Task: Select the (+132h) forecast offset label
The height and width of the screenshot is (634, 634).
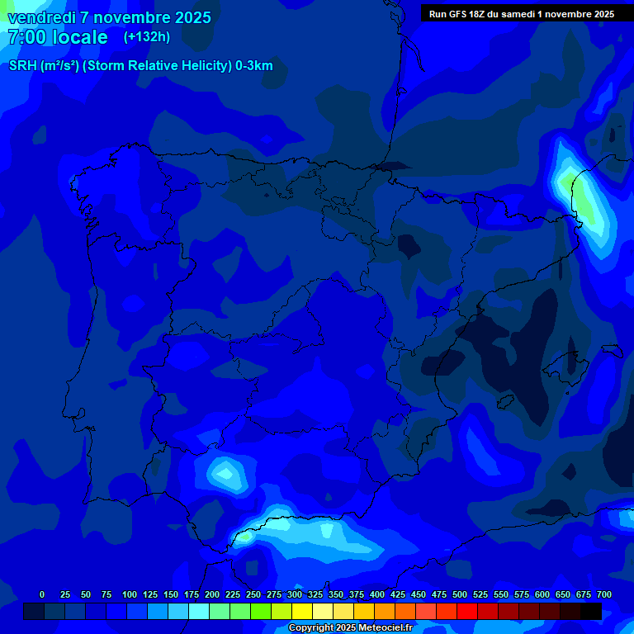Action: coord(146,37)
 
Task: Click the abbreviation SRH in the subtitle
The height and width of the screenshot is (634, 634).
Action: coord(22,66)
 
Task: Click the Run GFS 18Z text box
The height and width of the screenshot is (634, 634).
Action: coord(521,14)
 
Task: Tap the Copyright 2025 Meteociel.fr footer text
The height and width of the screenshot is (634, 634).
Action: coord(349,628)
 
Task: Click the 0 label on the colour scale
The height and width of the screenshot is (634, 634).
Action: coord(42,595)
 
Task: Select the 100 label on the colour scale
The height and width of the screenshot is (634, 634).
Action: coord(130,595)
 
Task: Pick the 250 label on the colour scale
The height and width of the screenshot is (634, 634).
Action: coord(253,595)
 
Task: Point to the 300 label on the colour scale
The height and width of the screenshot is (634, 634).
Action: coord(295,595)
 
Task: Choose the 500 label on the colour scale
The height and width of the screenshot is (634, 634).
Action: coord(460,595)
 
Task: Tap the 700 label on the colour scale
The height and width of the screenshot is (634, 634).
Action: coord(604,595)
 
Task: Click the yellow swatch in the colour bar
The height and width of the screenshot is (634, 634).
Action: coord(302,612)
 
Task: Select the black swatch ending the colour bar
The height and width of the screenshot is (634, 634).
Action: coord(591,612)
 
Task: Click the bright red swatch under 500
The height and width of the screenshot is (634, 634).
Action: coord(467,612)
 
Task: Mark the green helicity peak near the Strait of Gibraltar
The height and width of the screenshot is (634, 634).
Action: coord(245,537)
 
